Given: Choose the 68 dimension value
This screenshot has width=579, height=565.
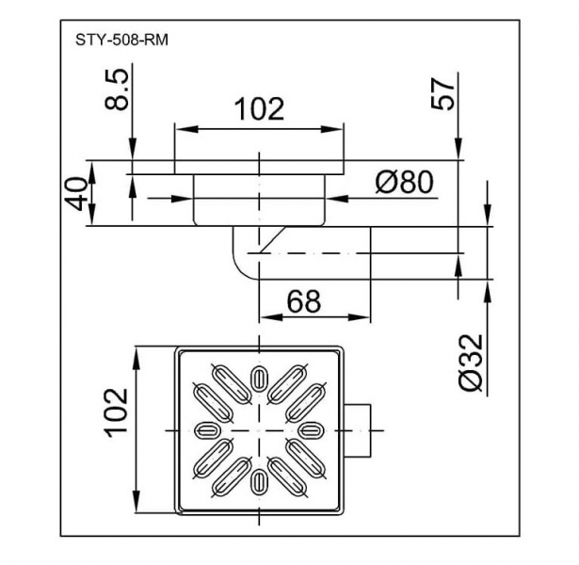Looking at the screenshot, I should pos(301,301).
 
